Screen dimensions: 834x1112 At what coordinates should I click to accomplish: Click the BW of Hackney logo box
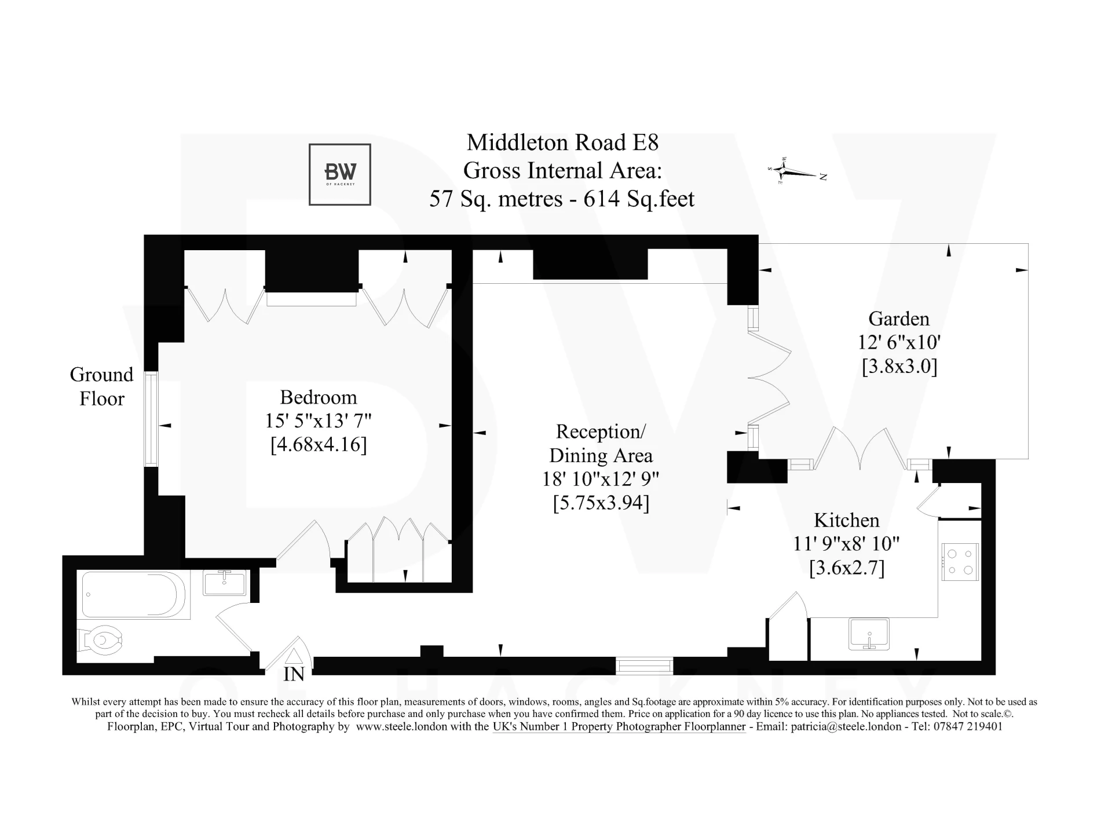coord(339,174)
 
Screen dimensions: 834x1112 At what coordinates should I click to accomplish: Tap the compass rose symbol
coord(784,171)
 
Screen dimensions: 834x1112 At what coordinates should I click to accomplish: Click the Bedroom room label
coord(319,397)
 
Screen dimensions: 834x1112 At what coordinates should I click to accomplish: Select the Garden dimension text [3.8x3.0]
coord(899,367)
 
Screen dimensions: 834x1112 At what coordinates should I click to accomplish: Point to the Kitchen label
coord(846,520)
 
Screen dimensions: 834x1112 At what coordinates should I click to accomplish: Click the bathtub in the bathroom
coord(134,595)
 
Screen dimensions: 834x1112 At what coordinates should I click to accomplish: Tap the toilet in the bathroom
coord(102,640)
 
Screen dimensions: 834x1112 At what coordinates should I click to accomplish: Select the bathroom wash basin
coord(225,583)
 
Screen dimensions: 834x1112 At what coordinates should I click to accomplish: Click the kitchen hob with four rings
coord(960,562)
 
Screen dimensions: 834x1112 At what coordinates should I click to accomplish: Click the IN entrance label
coord(294,675)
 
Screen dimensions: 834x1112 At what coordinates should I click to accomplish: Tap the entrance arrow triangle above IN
coord(294,657)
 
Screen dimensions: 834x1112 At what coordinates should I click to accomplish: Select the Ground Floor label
coord(102,386)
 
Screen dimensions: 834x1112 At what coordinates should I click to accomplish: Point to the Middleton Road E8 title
coord(562,142)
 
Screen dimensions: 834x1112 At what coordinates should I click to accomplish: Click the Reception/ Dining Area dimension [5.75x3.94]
coord(601,503)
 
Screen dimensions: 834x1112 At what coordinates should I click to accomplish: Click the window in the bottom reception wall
coord(644,665)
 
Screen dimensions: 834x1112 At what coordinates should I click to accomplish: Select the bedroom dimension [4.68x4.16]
coord(319,445)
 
